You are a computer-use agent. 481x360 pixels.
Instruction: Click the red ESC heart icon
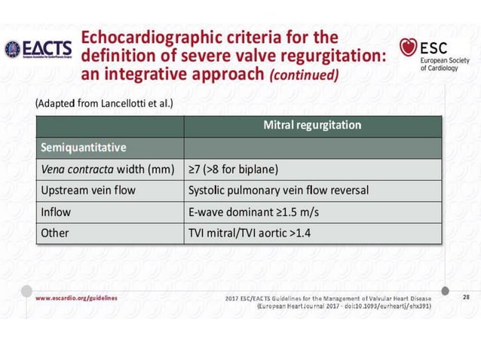click(x=409, y=48)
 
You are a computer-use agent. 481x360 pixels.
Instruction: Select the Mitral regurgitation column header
click(x=311, y=124)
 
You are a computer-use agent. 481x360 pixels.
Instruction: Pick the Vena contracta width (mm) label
click(x=105, y=168)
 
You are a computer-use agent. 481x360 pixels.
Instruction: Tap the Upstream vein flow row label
click(x=90, y=190)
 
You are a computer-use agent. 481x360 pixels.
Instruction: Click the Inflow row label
click(x=57, y=212)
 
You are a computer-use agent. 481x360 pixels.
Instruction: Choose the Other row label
click(x=55, y=233)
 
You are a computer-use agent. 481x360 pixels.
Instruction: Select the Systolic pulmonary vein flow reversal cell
click(x=278, y=190)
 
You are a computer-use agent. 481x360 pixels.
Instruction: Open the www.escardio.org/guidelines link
click(x=76, y=298)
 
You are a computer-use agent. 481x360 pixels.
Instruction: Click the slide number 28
click(x=465, y=298)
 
